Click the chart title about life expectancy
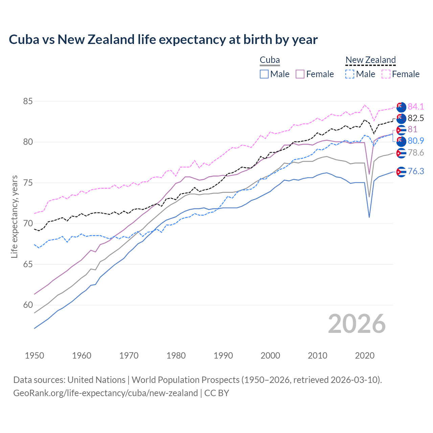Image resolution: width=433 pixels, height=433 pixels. (x=163, y=40)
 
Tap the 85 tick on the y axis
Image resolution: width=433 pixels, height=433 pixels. (x=28, y=101)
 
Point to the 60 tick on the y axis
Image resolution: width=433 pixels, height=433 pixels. (x=28, y=305)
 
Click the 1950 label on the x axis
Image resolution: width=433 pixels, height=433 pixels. (x=35, y=356)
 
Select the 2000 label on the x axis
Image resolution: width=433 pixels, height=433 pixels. (x=270, y=356)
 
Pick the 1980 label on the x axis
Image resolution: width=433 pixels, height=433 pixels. (x=176, y=356)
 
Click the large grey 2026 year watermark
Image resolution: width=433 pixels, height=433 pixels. (x=357, y=324)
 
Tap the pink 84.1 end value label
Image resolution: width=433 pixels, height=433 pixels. (x=416, y=107)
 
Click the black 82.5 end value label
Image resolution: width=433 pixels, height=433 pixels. (x=416, y=118)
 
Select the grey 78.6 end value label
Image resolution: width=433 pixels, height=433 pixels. (x=416, y=153)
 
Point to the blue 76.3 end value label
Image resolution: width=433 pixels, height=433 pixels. (x=416, y=172)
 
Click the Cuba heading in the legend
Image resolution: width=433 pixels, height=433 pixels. (x=270, y=60)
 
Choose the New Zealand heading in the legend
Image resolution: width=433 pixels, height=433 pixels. (x=370, y=60)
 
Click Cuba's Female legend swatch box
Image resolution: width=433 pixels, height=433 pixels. (x=300, y=74)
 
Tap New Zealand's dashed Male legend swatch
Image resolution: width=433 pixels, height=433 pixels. (x=350, y=74)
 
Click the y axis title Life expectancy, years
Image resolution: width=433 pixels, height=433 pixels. (x=14, y=216)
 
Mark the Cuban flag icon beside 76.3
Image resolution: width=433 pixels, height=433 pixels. (x=401, y=172)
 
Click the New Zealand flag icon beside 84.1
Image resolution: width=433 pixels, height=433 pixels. (x=401, y=107)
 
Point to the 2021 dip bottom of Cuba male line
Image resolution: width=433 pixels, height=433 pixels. (x=369, y=217)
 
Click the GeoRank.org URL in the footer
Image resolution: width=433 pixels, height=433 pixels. (x=106, y=393)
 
